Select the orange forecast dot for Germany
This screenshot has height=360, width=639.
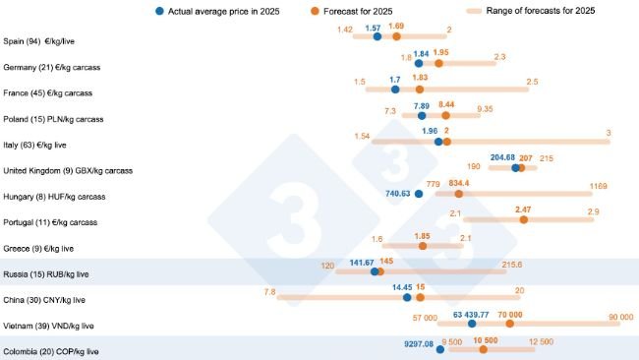pyautogui.click(x=439, y=63)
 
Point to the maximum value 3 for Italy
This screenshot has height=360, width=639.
pyautogui.click(x=609, y=132)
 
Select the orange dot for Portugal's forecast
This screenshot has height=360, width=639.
pyautogui.click(x=523, y=220)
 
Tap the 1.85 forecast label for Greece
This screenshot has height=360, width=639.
pyautogui.click(x=423, y=236)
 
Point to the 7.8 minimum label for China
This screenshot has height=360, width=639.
pyautogui.click(x=269, y=291)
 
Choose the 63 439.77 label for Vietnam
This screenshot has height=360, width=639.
pyautogui.click(x=471, y=314)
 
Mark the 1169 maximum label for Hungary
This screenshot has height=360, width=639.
pyautogui.click(x=598, y=184)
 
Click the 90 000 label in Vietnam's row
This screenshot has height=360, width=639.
pyautogui.click(x=620, y=317)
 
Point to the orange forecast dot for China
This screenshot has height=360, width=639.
pyautogui.click(x=421, y=297)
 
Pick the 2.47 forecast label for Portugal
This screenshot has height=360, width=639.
pyautogui.click(x=523, y=210)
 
